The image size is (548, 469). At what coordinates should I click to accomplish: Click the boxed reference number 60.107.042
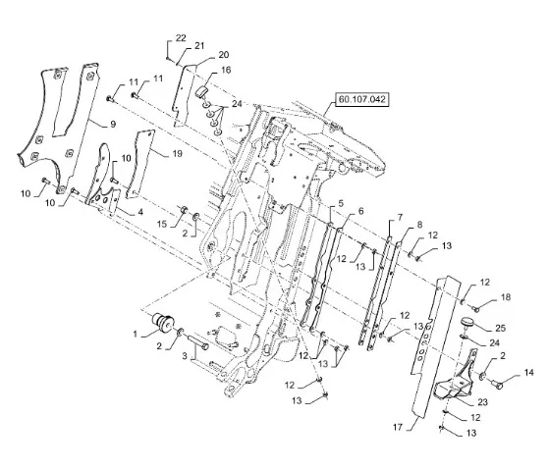[361, 99]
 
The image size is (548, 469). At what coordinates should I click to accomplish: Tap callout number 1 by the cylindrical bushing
[136, 335]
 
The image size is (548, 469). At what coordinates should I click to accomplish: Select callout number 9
[113, 124]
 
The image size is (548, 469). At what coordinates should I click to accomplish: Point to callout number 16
[226, 71]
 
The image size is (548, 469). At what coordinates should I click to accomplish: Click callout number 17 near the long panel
[398, 427]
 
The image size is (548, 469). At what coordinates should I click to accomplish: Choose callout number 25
[501, 328]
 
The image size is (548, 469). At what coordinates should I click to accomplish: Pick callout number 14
[529, 373]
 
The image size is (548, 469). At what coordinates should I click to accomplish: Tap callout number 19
[178, 153]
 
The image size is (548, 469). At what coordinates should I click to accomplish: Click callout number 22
[181, 37]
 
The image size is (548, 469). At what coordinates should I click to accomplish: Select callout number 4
[140, 212]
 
